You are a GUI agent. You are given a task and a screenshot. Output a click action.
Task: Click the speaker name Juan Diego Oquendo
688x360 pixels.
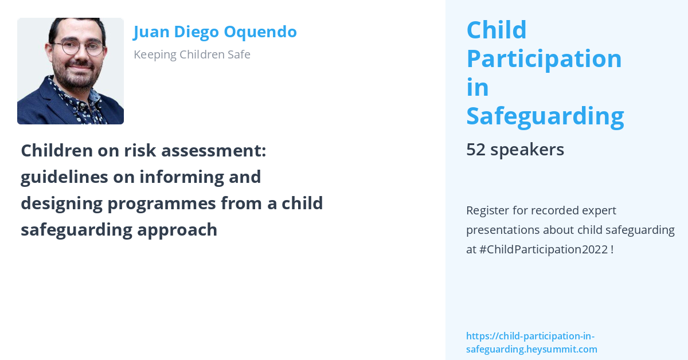215,32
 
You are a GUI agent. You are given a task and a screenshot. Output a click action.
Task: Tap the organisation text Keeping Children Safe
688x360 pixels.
192,54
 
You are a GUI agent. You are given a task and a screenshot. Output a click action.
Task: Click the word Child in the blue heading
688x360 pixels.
497,30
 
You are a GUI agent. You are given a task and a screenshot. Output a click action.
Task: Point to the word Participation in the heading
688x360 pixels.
544,58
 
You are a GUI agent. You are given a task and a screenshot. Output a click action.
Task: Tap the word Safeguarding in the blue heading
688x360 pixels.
545,116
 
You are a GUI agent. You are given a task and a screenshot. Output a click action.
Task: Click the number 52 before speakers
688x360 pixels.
476,150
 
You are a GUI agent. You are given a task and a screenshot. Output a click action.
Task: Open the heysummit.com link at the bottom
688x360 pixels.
531,343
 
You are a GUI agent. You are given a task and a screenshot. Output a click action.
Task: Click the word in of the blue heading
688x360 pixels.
477,87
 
